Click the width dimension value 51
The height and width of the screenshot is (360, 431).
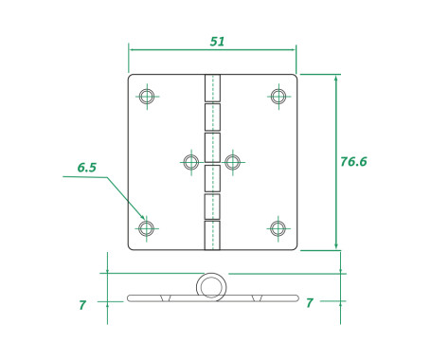tap(217, 42)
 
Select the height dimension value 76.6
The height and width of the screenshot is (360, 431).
tap(352, 162)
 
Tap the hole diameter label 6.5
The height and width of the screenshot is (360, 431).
tap(87, 168)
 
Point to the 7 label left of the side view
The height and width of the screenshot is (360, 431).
tap(82, 305)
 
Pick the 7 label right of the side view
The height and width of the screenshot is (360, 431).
tap(310, 303)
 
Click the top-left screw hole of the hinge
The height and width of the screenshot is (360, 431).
tap(146, 96)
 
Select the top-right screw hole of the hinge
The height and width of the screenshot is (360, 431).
tap(278, 96)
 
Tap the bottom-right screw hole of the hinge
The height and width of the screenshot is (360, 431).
tap(278, 228)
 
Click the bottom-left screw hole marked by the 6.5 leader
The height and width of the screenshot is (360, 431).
tap(146, 228)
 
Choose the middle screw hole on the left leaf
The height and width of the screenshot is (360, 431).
tap(190, 162)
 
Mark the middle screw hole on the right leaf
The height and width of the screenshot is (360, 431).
tap(232, 162)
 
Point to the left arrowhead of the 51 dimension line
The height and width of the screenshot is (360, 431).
tap(132, 50)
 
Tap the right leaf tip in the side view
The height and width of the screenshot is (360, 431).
tap(294, 298)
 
